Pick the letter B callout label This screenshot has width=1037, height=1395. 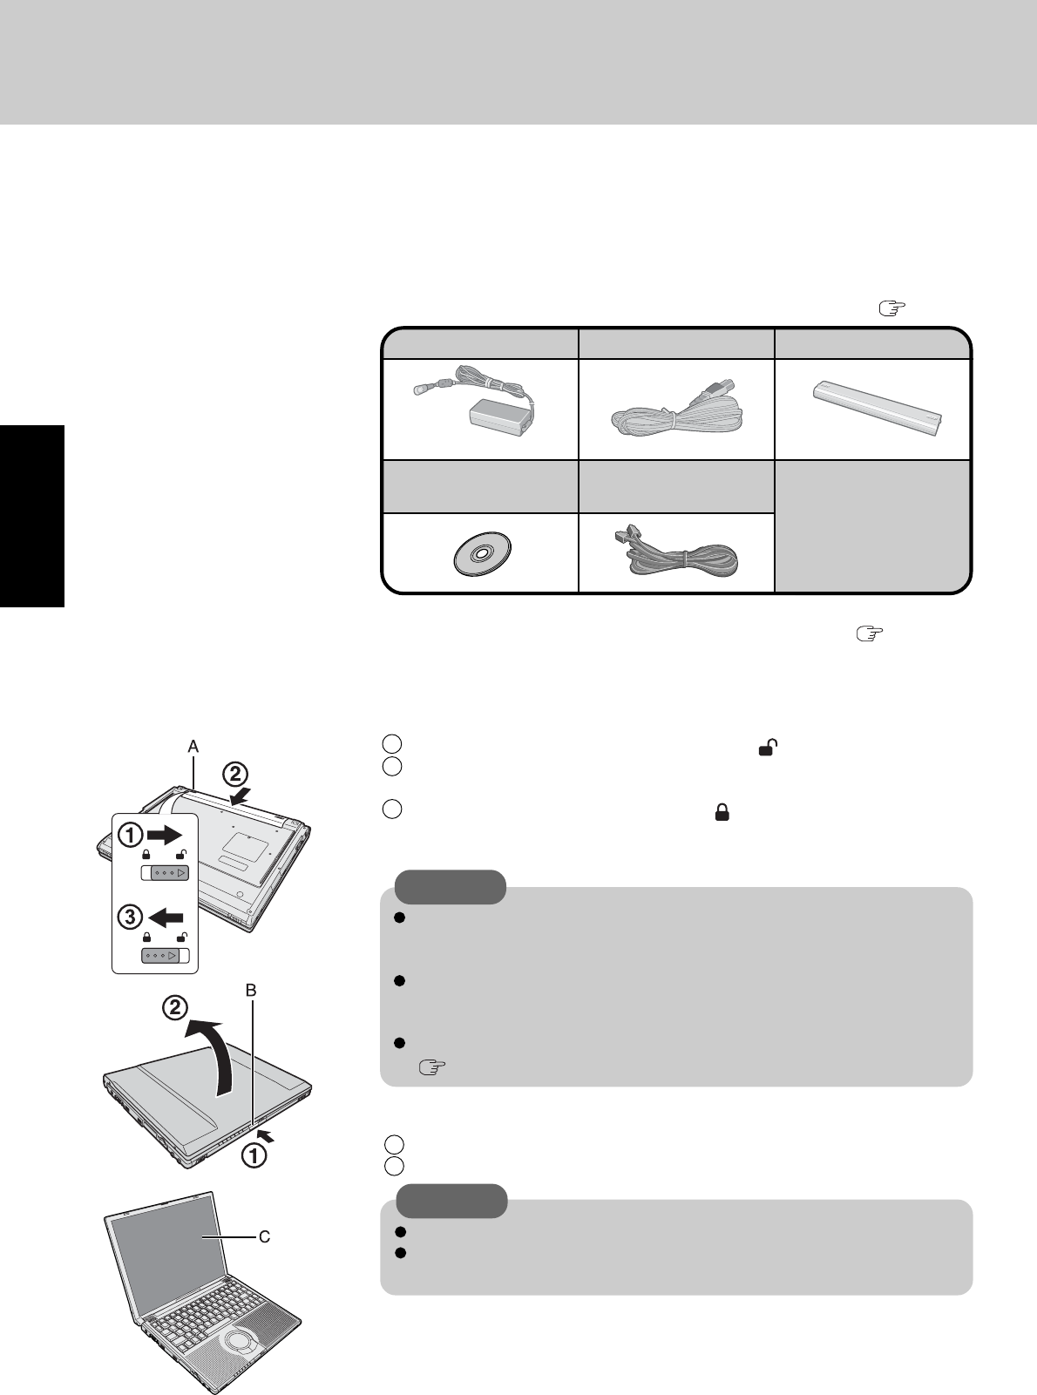point(252,990)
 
